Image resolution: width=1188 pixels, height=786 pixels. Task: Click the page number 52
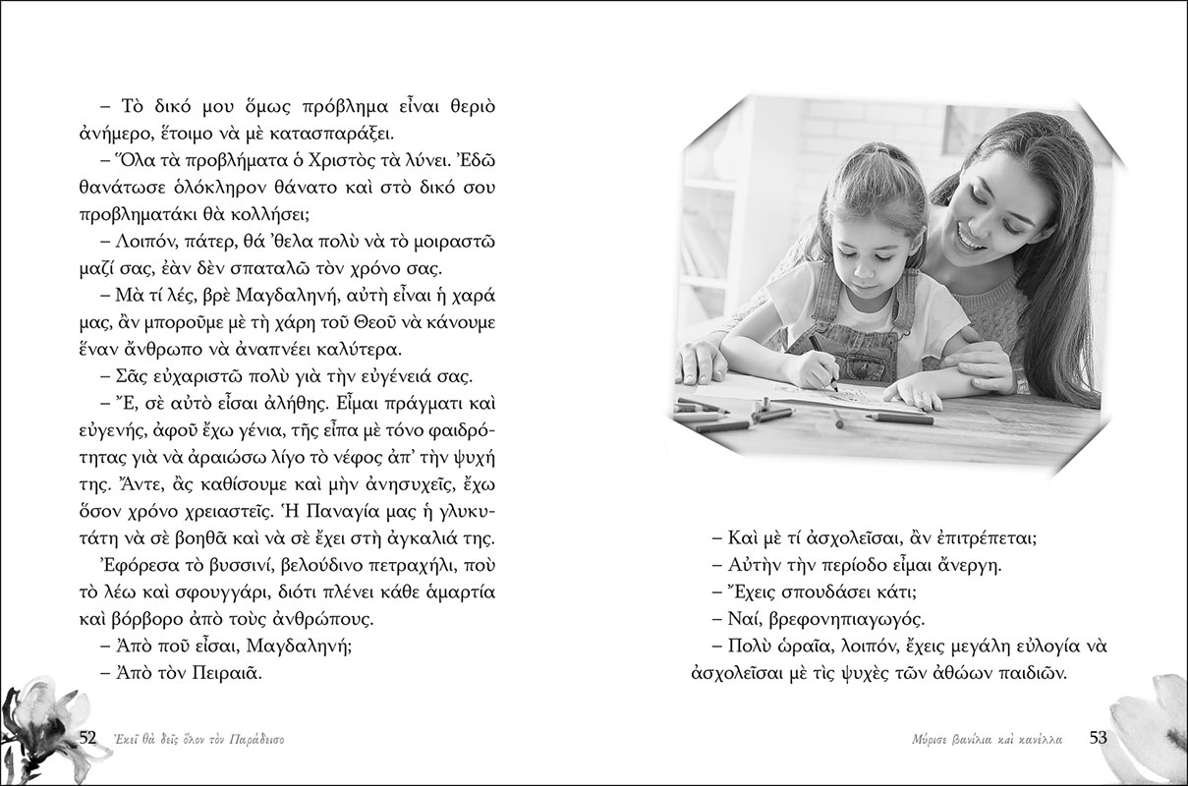[x=86, y=738]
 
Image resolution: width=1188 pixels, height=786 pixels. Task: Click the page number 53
[x=1100, y=738]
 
